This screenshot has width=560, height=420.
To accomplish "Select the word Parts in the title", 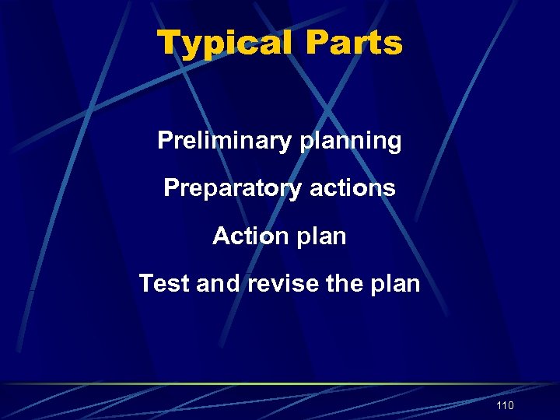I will pos(354,43).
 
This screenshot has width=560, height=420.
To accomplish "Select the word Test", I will pos(165,283).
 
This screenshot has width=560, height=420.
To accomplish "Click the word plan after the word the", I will pos(396,284).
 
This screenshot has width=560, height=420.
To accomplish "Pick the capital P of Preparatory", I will pos(171,188).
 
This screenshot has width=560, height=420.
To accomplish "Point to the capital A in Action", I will pos(221,236).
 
